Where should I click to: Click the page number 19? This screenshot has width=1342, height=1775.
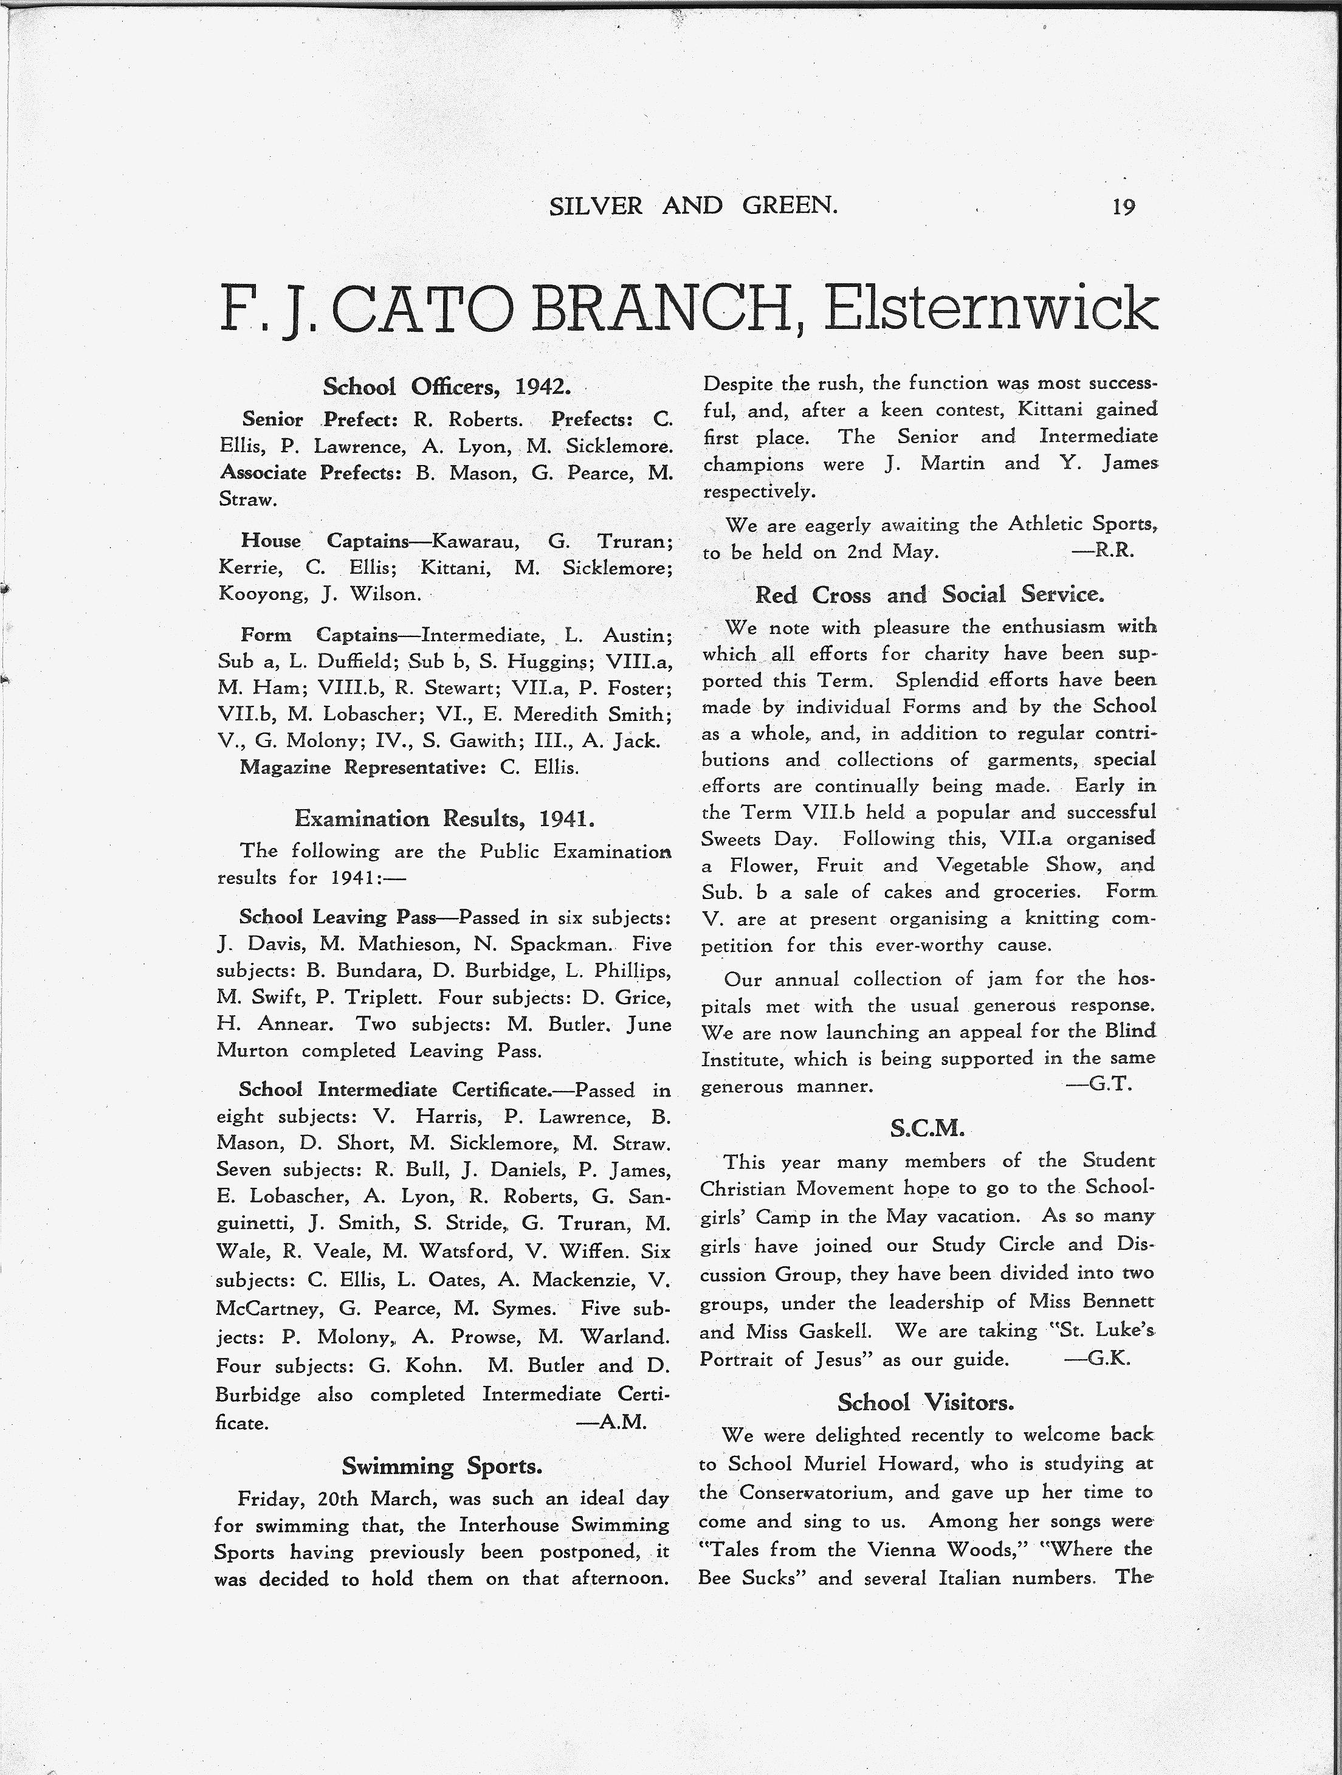coord(1123,207)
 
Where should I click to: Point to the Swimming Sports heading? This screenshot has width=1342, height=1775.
coord(442,1466)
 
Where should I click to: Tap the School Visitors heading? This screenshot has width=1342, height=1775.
coord(926,1402)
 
